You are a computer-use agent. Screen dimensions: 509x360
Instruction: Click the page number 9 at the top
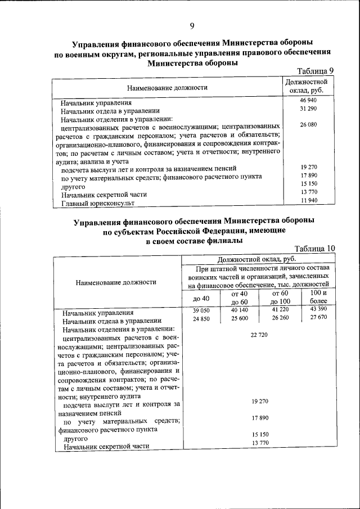[x=192, y=26]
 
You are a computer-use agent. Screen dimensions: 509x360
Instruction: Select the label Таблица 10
[x=314, y=248]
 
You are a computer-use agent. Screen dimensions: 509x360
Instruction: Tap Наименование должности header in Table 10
[x=118, y=282]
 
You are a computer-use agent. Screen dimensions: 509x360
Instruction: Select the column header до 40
[x=201, y=298]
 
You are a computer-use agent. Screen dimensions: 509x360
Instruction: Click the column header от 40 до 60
[x=239, y=298]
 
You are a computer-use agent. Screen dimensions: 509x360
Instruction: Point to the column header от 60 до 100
[x=280, y=298]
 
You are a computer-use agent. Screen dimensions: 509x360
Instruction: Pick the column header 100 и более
[x=318, y=298]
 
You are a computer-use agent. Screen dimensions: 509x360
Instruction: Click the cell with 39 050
[x=201, y=310]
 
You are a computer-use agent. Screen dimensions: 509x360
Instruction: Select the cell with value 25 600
[x=239, y=319]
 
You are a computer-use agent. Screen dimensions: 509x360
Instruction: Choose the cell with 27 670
[x=318, y=319]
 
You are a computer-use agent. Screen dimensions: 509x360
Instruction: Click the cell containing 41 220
[x=280, y=310]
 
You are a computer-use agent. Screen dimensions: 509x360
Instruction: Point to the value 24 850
[x=201, y=319]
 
